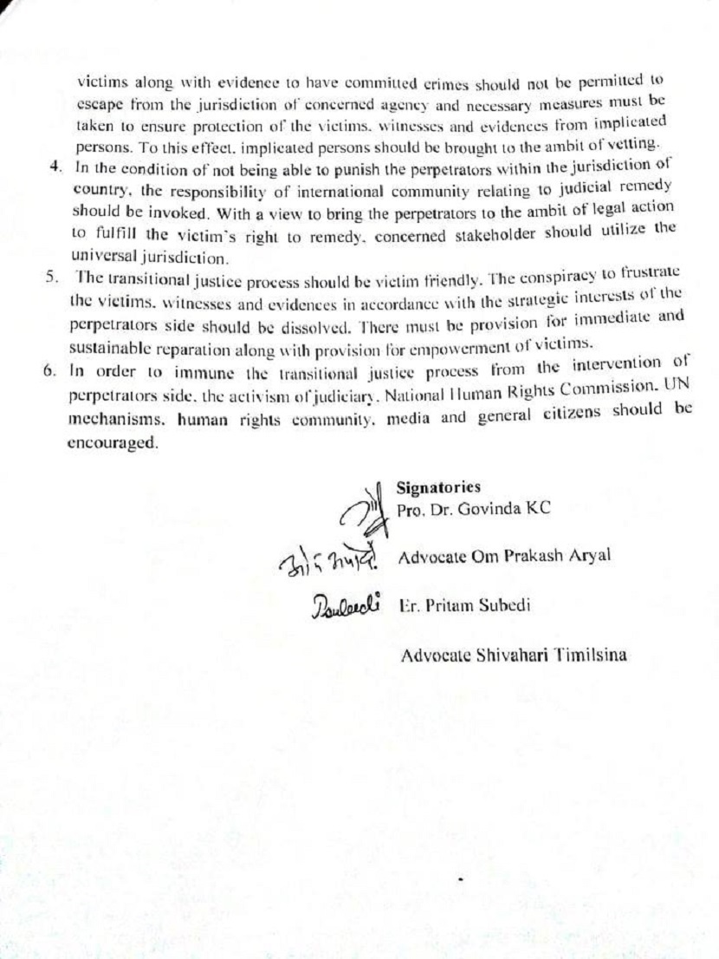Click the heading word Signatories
pyautogui.click(x=438, y=487)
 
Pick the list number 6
pyautogui.click(x=49, y=370)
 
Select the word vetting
pyautogui.click(x=639, y=141)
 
